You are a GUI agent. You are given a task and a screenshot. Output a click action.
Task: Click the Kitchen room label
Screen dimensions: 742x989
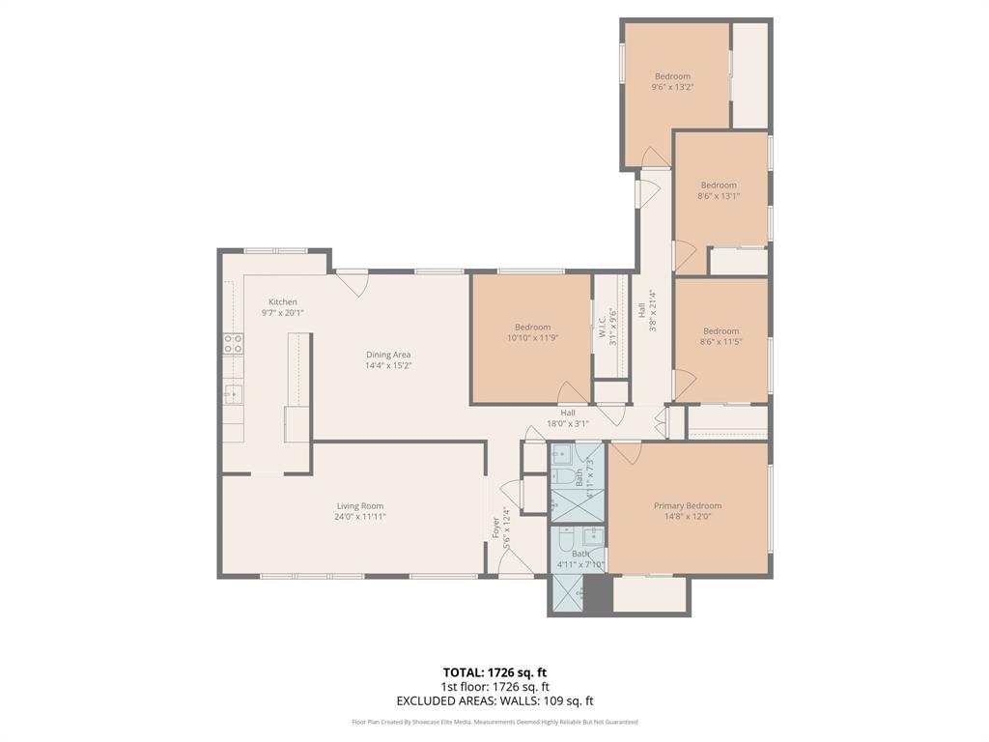pyautogui.click(x=283, y=301)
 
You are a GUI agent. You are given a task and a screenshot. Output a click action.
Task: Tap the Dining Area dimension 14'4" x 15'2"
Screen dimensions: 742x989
pyautogui.click(x=388, y=366)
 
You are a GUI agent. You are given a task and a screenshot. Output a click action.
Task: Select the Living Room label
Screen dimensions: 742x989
pyautogui.click(x=360, y=506)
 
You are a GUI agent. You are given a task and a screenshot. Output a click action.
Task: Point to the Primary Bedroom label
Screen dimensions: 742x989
pyautogui.click(x=688, y=506)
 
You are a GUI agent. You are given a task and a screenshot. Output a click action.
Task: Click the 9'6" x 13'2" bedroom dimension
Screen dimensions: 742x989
pyautogui.click(x=672, y=88)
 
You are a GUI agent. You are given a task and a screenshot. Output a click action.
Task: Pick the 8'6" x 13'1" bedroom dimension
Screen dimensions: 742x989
pyautogui.click(x=719, y=196)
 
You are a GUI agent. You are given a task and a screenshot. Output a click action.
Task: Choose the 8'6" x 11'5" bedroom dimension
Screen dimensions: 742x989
pyautogui.click(x=721, y=342)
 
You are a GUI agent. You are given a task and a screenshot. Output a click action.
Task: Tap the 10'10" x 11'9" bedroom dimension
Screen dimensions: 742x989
pyautogui.click(x=532, y=338)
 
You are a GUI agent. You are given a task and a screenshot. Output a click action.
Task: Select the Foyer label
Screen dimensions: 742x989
pyautogui.click(x=496, y=528)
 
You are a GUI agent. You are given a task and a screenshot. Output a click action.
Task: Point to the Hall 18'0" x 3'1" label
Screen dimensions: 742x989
pyautogui.click(x=568, y=417)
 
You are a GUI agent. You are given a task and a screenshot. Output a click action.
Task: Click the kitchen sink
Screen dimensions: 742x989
pyautogui.click(x=233, y=392)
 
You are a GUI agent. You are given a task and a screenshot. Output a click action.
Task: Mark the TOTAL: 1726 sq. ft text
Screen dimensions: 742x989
pyautogui.click(x=494, y=672)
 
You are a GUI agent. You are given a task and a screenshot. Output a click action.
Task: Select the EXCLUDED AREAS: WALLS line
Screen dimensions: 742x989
pyautogui.click(x=494, y=701)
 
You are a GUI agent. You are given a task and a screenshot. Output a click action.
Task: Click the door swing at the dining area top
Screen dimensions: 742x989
pyautogui.click(x=353, y=283)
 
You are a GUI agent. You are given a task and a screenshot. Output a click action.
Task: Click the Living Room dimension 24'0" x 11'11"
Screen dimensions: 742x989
pyautogui.click(x=360, y=517)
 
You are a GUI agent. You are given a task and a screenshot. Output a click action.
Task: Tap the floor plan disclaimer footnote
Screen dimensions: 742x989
pyautogui.click(x=494, y=722)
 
